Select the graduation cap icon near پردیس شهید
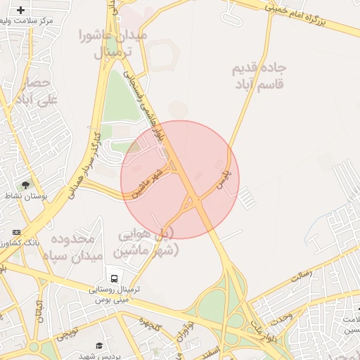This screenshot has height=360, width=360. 99,346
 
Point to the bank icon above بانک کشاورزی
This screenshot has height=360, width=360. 15,232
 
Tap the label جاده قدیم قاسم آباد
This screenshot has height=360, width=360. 259,76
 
